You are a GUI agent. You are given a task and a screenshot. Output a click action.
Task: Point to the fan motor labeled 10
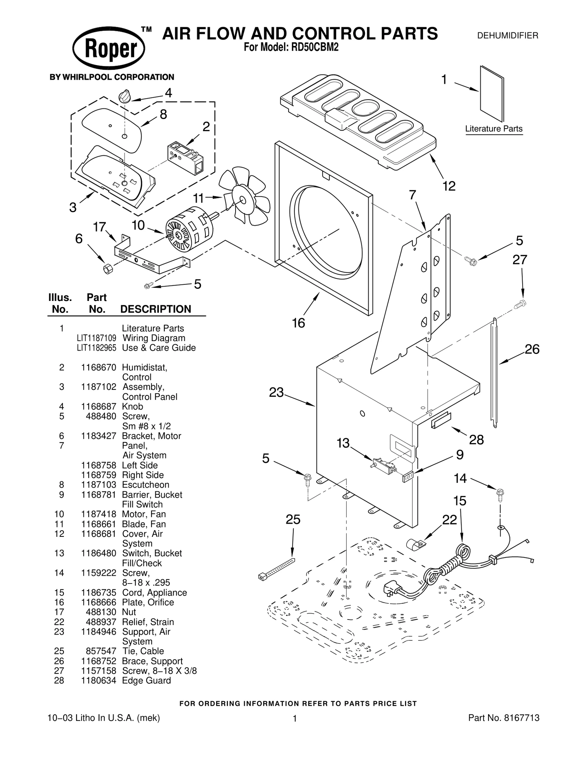pos(189,231)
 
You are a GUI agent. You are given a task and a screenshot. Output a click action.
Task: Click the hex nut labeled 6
pos(107,269)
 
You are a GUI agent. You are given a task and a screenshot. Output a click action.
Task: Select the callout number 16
pos(298,323)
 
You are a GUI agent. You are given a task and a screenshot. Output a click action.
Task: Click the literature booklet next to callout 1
pos(491,93)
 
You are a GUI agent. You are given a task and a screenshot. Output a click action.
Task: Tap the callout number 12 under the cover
pos(449,186)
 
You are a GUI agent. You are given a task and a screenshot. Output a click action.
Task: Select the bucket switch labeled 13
pos(384,465)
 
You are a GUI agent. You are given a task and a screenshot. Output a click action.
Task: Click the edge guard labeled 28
pos(441,419)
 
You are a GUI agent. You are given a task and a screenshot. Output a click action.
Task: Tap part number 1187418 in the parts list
pos(98,514)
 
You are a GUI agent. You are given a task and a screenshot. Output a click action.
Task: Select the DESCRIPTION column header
pos(155,309)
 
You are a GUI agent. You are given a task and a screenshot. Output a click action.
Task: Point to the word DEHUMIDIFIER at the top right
pos(507,36)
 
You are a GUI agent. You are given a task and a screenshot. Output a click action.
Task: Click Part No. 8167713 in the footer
pos(503,718)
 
